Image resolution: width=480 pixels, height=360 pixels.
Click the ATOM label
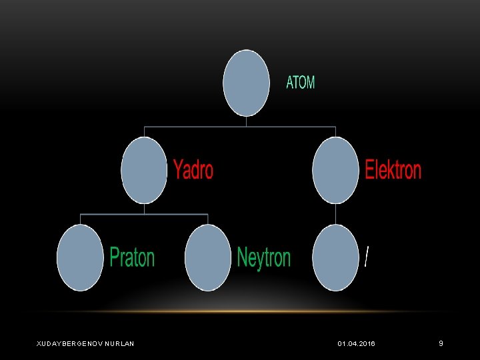click(x=300, y=83)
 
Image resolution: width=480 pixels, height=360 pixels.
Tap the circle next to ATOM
click(x=246, y=83)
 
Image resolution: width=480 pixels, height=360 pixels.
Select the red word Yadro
click(x=193, y=169)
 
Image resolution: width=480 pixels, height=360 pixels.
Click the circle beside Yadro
click(x=144, y=169)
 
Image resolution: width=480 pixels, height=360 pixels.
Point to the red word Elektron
click(x=393, y=170)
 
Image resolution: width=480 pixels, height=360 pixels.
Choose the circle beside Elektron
click(x=335, y=169)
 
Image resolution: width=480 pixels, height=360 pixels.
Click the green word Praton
click(x=132, y=257)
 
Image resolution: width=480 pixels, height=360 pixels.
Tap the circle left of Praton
click(x=80, y=257)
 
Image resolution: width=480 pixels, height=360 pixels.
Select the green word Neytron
click(x=264, y=257)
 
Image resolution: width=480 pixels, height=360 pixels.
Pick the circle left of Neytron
click(x=207, y=257)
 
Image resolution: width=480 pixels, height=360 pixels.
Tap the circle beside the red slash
click(x=335, y=257)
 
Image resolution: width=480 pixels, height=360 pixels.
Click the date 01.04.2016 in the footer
click(x=356, y=343)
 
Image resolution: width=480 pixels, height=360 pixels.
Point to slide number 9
click(x=441, y=343)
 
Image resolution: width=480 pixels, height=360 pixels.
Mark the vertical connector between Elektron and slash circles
click(x=335, y=213)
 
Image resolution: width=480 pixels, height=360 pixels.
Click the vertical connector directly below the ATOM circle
click(x=246, y=121)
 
